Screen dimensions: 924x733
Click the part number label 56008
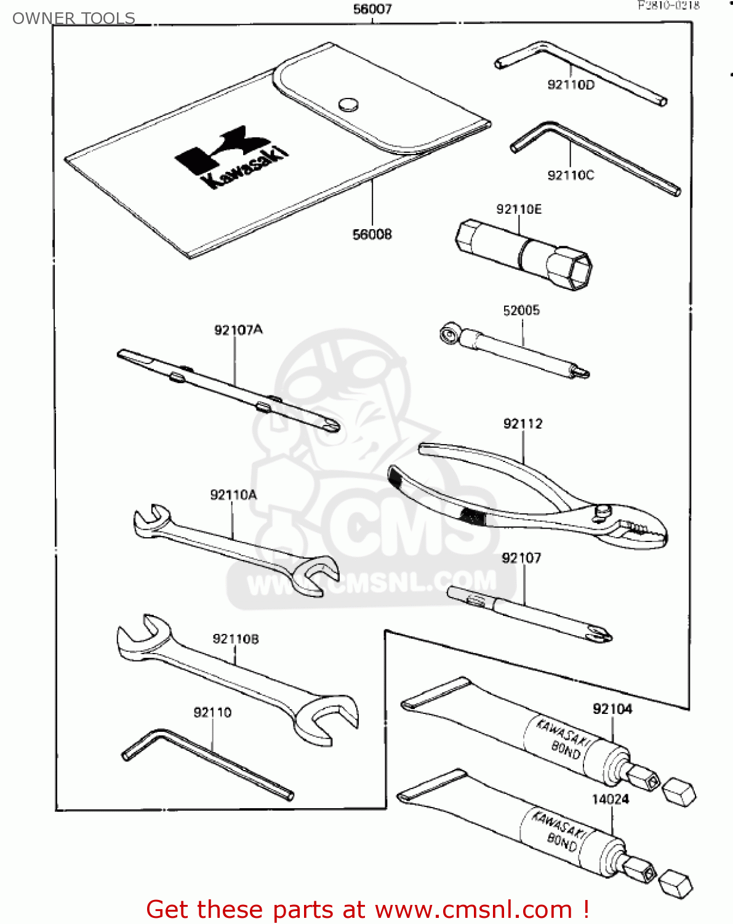tap(372, 235)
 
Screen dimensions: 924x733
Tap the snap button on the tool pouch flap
tap(348, 104)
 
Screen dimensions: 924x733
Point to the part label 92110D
tap(571, 85)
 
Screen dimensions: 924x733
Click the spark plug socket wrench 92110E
tap(524, 253)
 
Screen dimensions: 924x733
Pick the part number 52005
tap(521, 310)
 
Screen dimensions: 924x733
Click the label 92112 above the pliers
tap(523, 424)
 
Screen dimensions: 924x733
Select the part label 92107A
tap(238, 330)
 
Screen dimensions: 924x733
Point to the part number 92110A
tap(233, 495)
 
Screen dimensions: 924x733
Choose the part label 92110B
tap(236, 639)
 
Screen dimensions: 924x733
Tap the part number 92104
tap(612, 709)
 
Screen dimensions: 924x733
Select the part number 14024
tap(610, 800)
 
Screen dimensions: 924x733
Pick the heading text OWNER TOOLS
tap(74, 18)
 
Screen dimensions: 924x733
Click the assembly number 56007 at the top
tap(372, 9)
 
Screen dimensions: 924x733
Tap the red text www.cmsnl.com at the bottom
tap(473, 909)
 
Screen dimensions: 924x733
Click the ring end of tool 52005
tap(449, 333)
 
